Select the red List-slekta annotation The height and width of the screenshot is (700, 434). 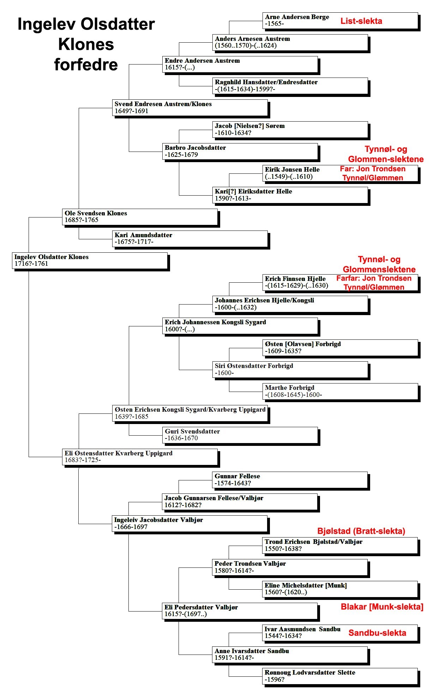pos(361,21)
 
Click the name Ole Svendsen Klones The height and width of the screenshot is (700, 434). pos(96,213)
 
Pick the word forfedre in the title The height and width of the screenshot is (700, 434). pos(86,65)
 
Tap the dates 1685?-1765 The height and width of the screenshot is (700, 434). pos(82,220)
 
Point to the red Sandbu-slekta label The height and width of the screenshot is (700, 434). pos(377,633)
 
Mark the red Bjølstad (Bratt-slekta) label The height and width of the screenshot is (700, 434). pos(361,531)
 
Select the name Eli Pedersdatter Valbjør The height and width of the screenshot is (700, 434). pos(201,607)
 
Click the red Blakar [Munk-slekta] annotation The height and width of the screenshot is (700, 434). pos(382,607)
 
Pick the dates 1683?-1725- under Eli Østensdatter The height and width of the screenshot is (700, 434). pos(83,460)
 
